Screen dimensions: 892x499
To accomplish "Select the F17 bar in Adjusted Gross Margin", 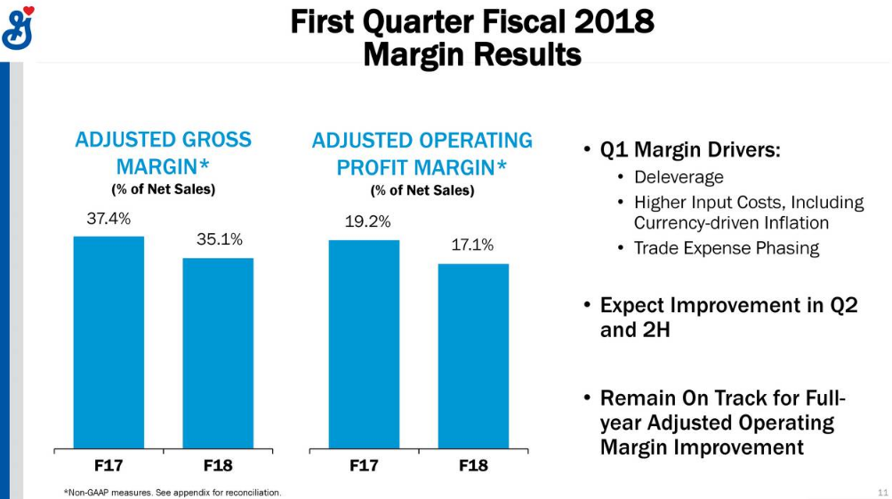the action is coord(108,342).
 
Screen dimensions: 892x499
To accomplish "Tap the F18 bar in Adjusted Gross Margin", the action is coord(218,353).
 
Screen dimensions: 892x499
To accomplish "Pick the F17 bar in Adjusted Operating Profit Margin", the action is coord(364,344).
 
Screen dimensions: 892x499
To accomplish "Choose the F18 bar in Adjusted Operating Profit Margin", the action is coord(473,356).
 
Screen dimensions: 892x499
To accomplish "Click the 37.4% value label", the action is coord(108,219).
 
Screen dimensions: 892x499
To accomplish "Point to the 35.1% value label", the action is coord(220,239).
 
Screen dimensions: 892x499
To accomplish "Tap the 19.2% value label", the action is coord(367,221).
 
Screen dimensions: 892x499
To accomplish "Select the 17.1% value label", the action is coord(472,245).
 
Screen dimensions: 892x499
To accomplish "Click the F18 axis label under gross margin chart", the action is coord(218,466).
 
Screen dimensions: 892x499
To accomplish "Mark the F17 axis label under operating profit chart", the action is coord(364,466).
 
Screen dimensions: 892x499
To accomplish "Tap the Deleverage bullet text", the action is coord(679,177).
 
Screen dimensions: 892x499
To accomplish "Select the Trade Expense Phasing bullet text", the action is coord(727,248).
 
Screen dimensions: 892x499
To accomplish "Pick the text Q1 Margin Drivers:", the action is coord(690,150).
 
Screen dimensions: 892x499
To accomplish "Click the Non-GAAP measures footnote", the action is coord(173,493).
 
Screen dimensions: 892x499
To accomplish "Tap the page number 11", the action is coord(883,493).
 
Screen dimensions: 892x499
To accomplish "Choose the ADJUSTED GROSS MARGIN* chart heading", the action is coord(164,153).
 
